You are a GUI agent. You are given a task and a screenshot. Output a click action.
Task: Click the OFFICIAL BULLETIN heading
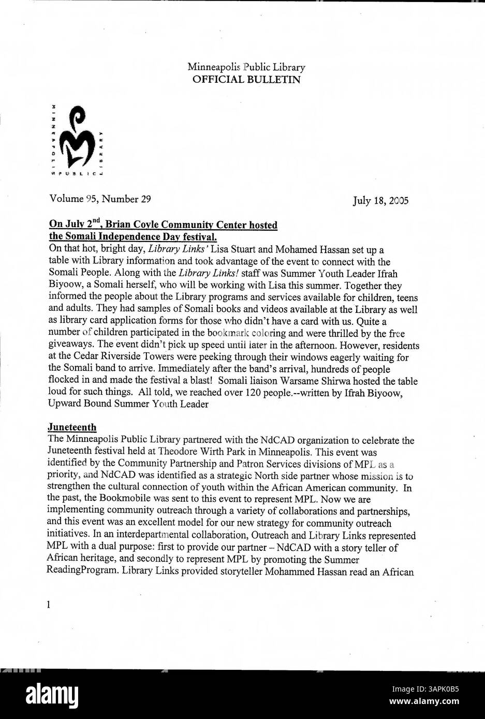[x=246, y=80]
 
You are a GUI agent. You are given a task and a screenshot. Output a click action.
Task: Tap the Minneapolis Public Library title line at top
[x=246, y=67]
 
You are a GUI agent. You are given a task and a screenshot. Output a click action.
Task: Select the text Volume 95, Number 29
[x=100, y=199]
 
